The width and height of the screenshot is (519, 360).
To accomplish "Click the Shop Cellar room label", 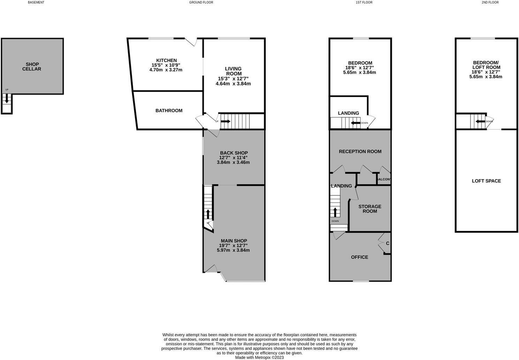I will [x=32, y=67].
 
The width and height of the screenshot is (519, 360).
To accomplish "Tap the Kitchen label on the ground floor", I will [x=166, y=60].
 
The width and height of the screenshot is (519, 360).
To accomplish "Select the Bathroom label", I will [x=169, y=111].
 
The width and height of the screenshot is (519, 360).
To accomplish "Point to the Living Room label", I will [x=233, y=71].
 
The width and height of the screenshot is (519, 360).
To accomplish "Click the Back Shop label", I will [x=234, y=153].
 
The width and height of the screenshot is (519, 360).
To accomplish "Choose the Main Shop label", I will [x=234, y=241].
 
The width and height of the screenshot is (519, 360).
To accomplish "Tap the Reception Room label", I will [x=360, y=151].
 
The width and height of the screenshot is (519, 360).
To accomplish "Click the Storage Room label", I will [x=370, y=209].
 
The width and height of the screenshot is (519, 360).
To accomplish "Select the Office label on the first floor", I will [x=359, y=257].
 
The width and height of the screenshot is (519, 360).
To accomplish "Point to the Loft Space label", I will [x=486, y=181].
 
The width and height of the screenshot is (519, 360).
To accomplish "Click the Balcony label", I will [x=384, y=179].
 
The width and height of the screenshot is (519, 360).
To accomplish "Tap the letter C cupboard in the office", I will [x=388, y=243].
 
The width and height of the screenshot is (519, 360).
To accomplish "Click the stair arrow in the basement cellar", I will [x=7, y=99].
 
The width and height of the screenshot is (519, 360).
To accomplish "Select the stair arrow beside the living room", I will [x=225, y=121].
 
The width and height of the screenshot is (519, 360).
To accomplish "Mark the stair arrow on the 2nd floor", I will [x=480, y=121].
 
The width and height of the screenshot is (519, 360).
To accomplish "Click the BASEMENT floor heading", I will [x=36, y=2].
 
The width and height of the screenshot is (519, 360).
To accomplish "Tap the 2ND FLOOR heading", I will [x=490, y=2].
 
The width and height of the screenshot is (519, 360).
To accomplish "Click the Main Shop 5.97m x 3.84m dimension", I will [x=233, y=250].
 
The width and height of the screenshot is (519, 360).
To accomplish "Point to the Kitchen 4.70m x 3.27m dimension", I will [x=166, y=70].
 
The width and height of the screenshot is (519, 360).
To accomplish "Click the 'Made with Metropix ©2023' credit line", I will [x=259, y=357].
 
